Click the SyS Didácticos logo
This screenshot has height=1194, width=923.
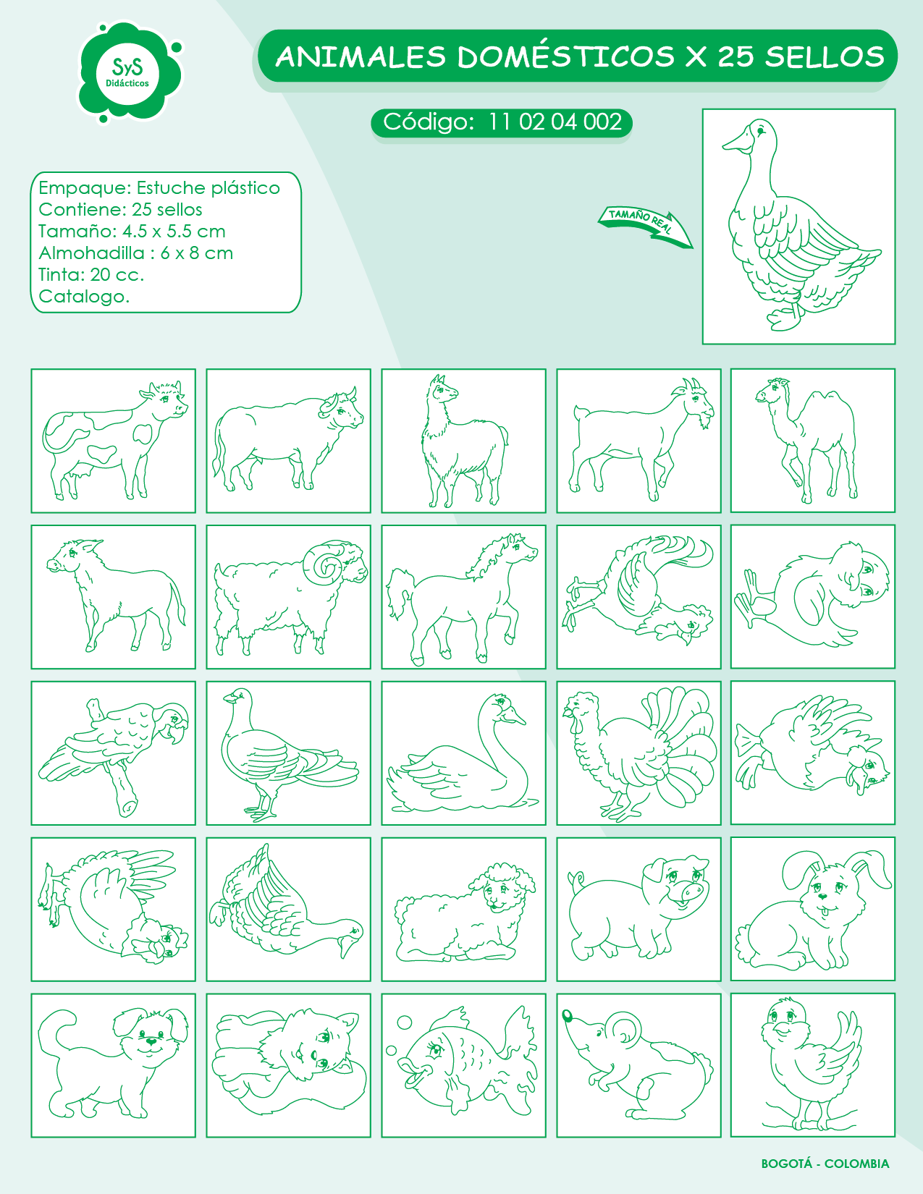point(129,73)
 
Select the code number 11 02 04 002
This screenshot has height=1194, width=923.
point(555,122)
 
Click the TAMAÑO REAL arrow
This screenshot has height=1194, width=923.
point(646,226)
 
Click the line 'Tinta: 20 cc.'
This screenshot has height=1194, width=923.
point(91,274)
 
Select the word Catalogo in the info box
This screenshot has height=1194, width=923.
point(84,297)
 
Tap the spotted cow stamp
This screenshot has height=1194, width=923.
point(113,441)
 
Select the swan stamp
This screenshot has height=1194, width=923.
point(463,753)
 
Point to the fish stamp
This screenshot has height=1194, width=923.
point(463,1065)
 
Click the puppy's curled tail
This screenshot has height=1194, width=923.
point(55,1033)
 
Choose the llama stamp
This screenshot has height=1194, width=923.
point(463,441)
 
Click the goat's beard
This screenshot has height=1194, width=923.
point(704,421)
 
